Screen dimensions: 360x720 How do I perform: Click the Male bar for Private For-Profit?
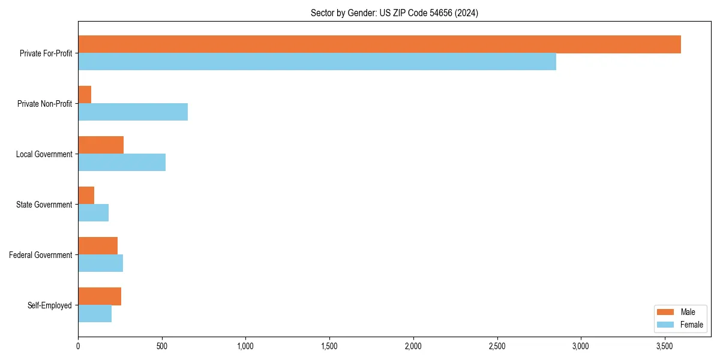coord(379,44)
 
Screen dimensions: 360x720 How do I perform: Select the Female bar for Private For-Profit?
coord(317,62)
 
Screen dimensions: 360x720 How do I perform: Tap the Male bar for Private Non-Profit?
coord(85,95)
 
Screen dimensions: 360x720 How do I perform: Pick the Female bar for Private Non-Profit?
coord(133,112)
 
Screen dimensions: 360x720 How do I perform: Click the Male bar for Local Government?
coord(101,145)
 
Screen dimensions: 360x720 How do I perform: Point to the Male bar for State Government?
coord(86,196)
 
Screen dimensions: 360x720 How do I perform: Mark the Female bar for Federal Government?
coord(100,263)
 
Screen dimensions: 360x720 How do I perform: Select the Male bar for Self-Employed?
coord(100,296)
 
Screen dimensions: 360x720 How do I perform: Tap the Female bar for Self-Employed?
coord(95,314)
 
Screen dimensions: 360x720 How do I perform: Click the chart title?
coord(394,13)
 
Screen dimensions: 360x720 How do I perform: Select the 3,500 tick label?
coord(664,346)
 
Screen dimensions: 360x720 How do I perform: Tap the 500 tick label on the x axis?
coord(162,346)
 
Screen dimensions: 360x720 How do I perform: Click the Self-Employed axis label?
coord(50,305)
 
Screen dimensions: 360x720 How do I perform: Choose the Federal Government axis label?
coord(41,255)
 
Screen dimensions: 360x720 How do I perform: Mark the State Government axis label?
coord(44,205)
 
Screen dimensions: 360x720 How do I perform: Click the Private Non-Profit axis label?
coord(45,104)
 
